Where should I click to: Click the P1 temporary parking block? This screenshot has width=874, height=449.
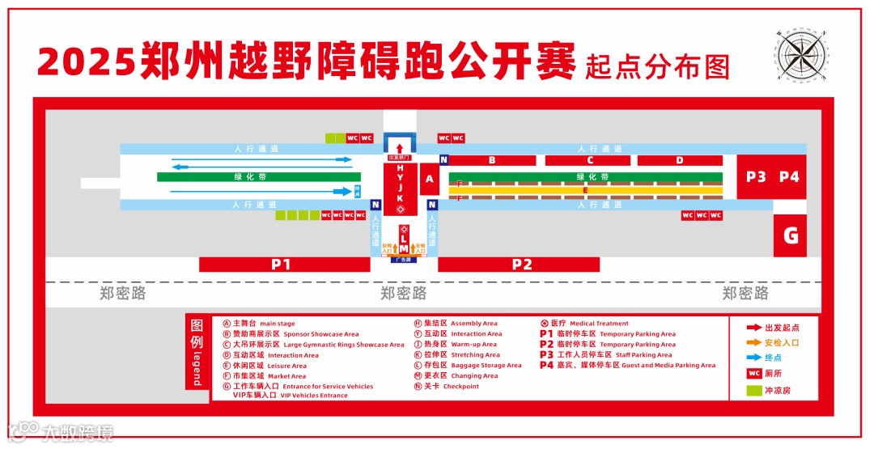(x=281, y=264)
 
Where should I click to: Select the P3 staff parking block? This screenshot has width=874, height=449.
(x=756, y=177)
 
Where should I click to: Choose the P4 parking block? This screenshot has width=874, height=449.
(x=789, y=177)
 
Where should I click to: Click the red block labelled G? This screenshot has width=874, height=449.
(x=791, y=236)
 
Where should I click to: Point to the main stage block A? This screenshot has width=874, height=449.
(x=430, y=179)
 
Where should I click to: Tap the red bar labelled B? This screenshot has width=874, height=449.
(x=492, y=160)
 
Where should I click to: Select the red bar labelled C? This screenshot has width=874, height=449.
(x=591, y=160)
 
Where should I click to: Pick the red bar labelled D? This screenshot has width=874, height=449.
(x=680, y=160)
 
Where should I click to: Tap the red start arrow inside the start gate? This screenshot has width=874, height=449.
(x=399, y=148)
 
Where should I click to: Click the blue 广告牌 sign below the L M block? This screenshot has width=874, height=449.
(x=403, y=260)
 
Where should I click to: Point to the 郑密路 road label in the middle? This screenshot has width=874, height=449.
(x=403, y=293)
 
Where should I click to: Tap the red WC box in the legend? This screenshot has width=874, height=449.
(x=753, y=375)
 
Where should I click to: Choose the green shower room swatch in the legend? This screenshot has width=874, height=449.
(x=753, y=391)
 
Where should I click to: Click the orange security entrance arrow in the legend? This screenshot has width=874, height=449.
(x=753, y=343)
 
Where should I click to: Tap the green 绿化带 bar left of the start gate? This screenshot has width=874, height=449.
(x=259, y=176)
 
